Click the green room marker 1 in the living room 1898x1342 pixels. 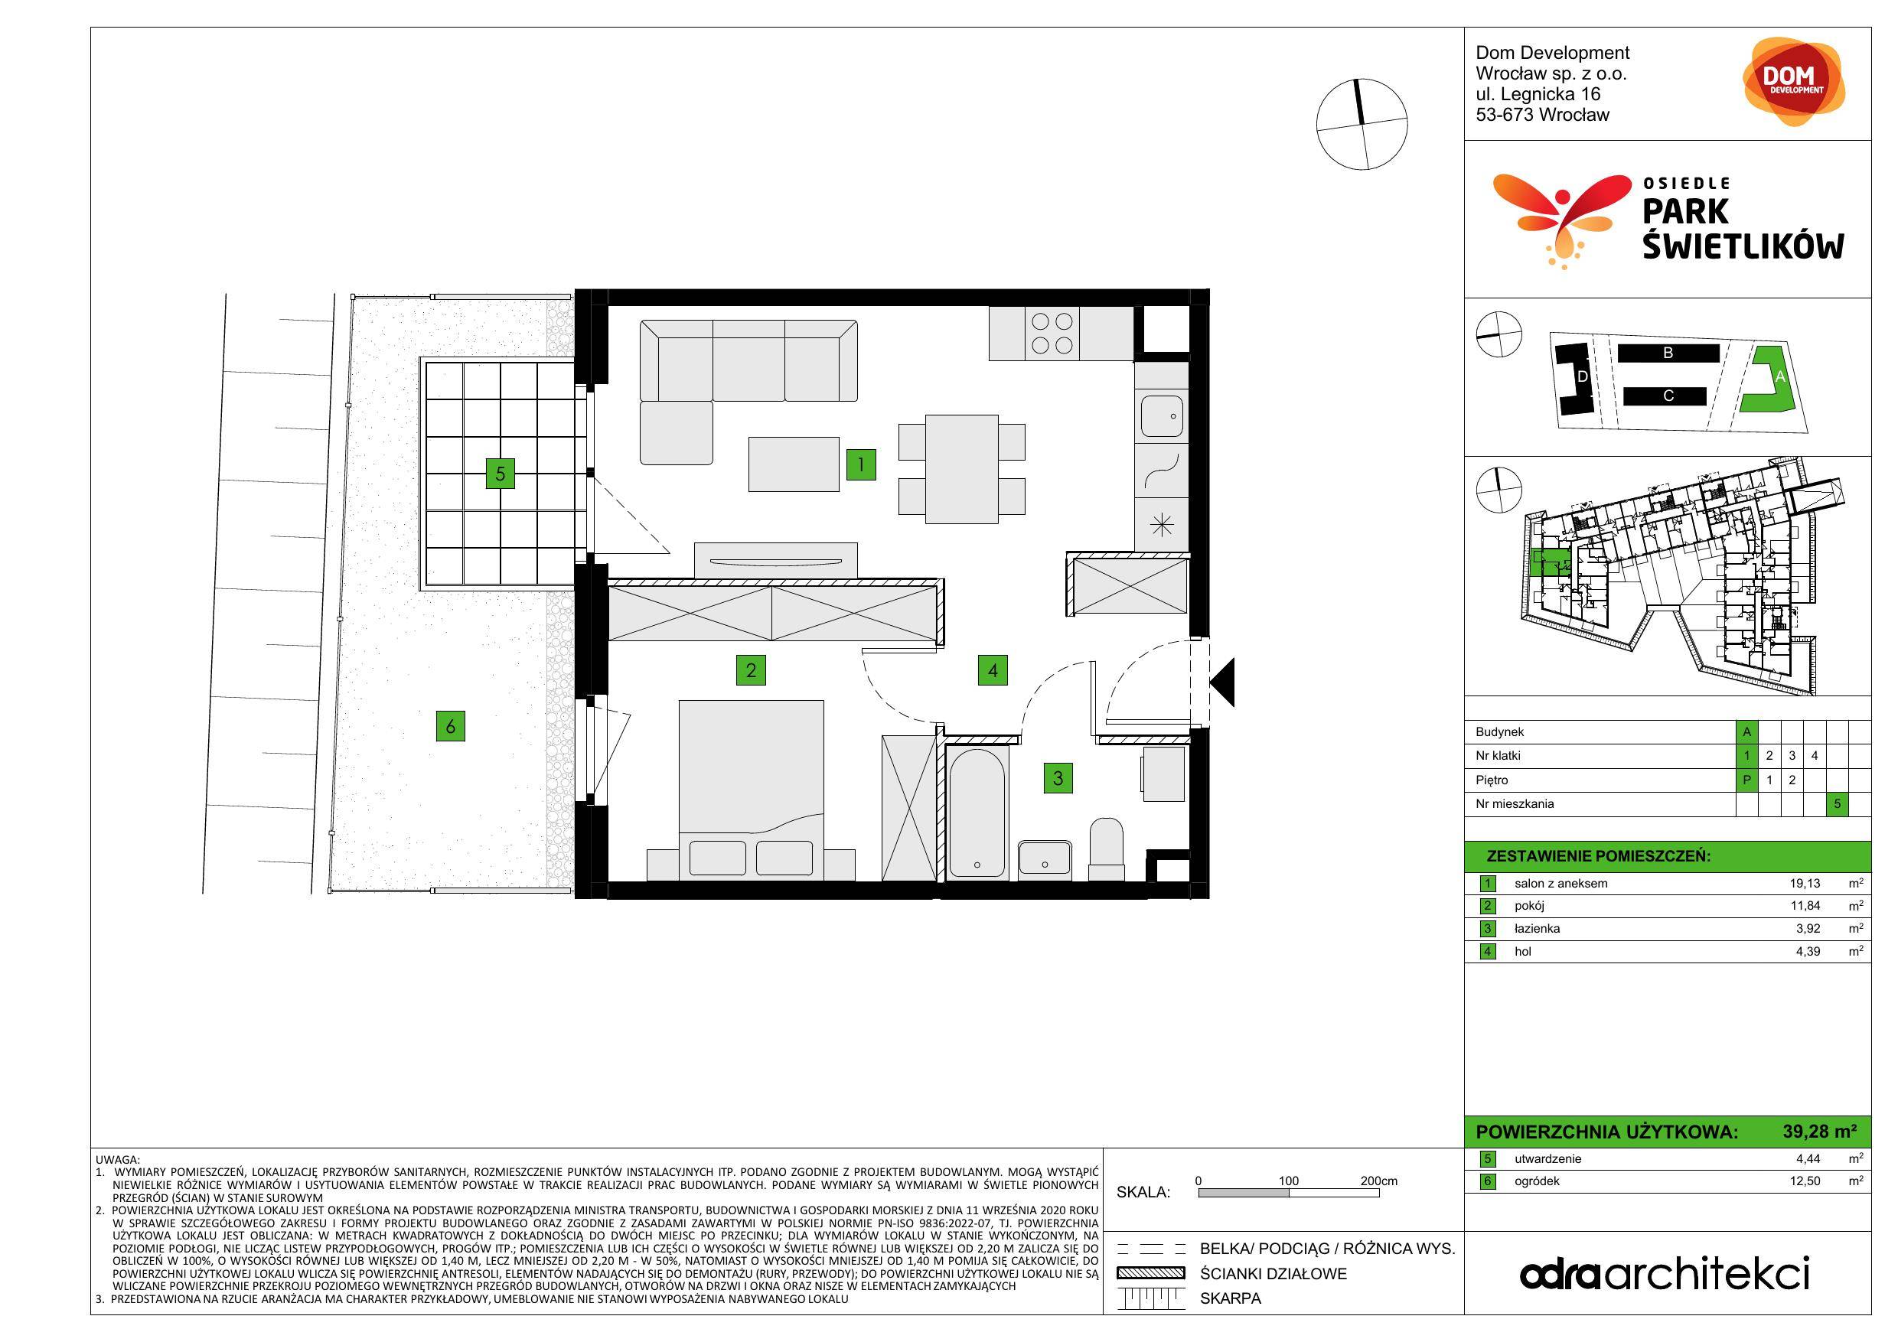[x=860, y=464]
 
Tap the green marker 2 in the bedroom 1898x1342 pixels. [x=751, y=669]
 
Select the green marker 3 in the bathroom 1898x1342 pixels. [x=1058, y=777]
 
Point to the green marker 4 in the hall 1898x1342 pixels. [x=992, y=670]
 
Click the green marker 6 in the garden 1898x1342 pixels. [x=451, y=726]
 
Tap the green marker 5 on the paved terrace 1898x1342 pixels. [x=500, y=474]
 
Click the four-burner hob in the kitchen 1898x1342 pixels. [x=1052, y=334]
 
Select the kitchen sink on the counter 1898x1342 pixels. [x=1162, y=415]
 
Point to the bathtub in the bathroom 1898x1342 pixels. [x=977, y=813]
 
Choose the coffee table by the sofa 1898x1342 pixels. [x=794, y=464]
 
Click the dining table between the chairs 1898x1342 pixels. [x=961, y=469]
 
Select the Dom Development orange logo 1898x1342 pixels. [x=1793, y=82]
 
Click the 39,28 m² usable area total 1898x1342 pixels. [x=1819, y=1132]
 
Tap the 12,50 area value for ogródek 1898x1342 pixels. [x=1805, y=1181]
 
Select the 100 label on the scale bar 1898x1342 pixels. [x=1289, y=1181]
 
